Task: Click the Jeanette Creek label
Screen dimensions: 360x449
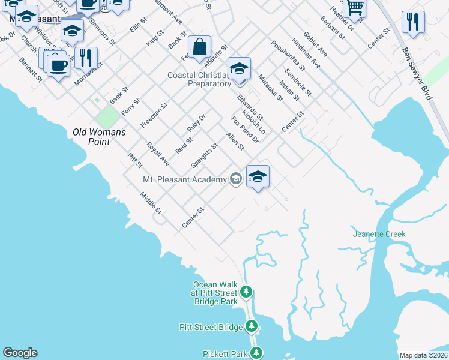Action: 379,234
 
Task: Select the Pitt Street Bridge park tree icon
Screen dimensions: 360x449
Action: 252,326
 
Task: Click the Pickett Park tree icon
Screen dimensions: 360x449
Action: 256,353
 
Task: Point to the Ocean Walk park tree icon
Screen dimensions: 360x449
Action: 246,292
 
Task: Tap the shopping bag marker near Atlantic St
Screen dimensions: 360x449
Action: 199,47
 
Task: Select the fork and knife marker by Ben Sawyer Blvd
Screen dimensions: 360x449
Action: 413,22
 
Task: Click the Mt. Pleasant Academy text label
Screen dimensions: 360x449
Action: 185,179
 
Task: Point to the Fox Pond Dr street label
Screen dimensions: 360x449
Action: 244,130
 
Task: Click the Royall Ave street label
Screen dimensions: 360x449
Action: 158,154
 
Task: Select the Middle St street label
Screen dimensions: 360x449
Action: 151,203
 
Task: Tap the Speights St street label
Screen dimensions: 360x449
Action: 204,155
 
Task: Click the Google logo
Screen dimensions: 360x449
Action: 20,353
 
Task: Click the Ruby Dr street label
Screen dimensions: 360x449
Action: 196,122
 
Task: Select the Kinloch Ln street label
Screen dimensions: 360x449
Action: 253,121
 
